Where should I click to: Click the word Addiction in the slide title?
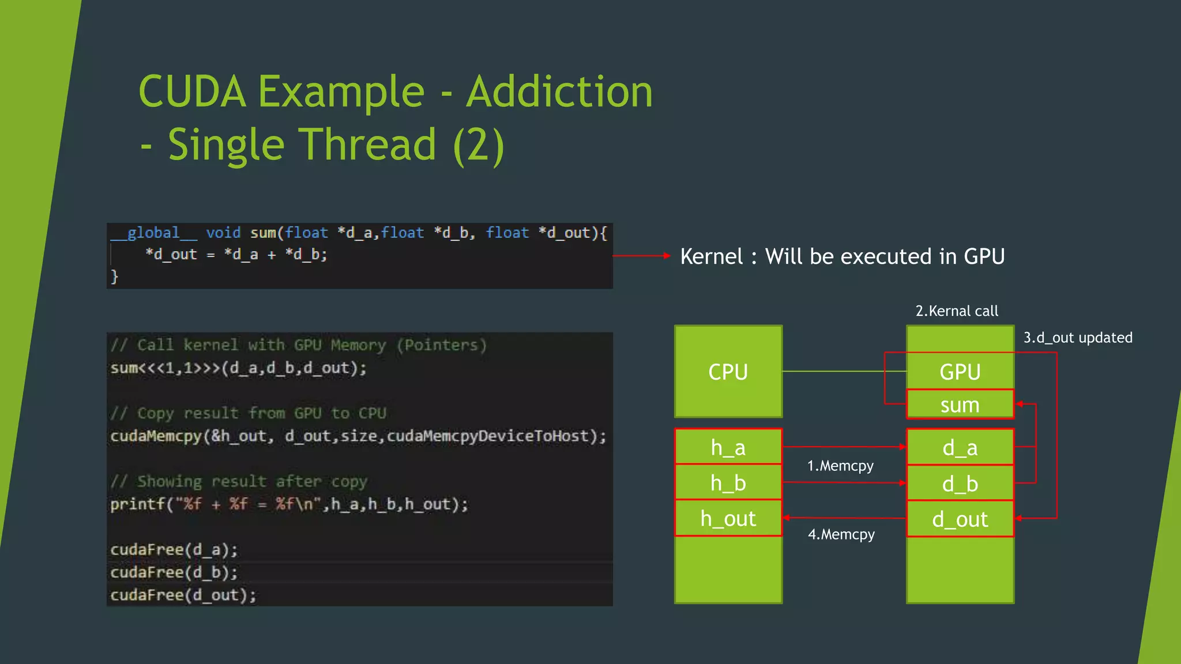pyautogui.click(x=559, y=92)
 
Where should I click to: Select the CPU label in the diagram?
pyautogui.click(x=728, y=372)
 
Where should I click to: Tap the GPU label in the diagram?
pyautogui.click(x=960, y=372)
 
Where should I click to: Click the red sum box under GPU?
pyautogui.click(x=960, y=405)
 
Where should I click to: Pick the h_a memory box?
pyautogui.click(x=728, y=447)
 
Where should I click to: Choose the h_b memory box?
pyautogui.click(x=728, y=483)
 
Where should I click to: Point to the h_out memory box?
pyautogui.click(x=728, y=519)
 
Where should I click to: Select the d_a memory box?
pyautogui.click(x=960, y=447)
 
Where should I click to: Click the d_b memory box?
pyautogui.click(x=960, y=484)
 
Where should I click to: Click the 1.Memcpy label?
pyautogui.click(x=840, y=466)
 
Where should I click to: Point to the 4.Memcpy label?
pyautogui.click(x=841, y=534)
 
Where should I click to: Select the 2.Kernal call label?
pyautogui.click(x=957, y=311)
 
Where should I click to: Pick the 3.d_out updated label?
pyautogui.click(x=1078, y=338)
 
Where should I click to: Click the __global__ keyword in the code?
pyautogui.click(x=154, y=233)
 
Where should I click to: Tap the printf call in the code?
pyautogui.click(x=138, y=504)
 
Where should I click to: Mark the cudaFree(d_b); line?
pyautogui.click(x=174, y=572)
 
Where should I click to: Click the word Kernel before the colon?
pyautogui.click(x=712, y=256)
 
